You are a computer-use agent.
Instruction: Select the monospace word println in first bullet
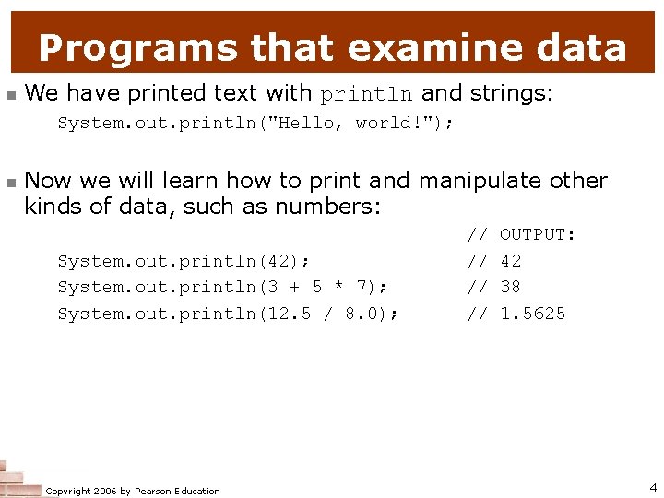367,94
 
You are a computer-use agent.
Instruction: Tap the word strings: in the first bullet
512,93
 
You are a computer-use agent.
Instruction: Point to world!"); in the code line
405,124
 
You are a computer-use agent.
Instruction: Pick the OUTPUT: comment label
538,235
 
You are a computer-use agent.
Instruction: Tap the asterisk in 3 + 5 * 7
338,288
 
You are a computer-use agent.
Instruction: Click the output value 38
511,288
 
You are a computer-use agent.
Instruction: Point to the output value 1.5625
532,314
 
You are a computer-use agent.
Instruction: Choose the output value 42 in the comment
511,261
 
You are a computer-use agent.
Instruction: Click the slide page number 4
652,488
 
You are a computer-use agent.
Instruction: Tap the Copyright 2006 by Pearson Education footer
133,491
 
